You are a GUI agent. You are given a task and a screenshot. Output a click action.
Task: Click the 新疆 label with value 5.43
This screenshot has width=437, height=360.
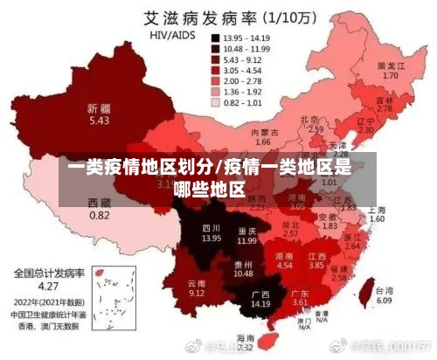point(98,114)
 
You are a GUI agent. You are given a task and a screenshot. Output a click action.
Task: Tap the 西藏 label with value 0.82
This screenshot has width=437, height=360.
point(100,209)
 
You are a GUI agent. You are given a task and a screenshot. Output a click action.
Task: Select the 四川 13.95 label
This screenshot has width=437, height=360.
point(211,232)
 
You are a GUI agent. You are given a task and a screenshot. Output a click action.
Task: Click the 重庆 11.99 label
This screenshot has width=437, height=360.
point(247,235)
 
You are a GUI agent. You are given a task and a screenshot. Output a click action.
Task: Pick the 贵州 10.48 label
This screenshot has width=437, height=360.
point(242,268)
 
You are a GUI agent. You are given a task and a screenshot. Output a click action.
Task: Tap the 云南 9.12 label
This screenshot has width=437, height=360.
point(197,288)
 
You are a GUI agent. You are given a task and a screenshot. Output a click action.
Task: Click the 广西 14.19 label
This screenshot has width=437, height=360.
point(260,299)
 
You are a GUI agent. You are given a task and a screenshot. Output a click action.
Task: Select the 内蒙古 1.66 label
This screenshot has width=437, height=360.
point(261,136)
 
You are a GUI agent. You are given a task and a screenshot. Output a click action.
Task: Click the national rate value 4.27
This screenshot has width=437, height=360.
point(47,285)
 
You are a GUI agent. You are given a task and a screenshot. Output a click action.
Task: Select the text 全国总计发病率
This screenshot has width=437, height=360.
point(47,273)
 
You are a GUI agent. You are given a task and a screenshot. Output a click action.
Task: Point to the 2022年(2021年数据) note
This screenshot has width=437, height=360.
point(48,299)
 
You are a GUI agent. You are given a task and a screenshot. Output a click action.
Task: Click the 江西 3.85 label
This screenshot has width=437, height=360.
point(316,260)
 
